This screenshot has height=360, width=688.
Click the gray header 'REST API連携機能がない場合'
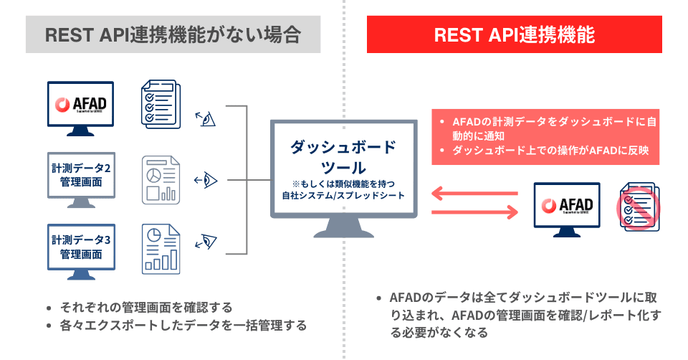tap(173, 35)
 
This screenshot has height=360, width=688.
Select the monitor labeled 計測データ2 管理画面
tap(81, 176)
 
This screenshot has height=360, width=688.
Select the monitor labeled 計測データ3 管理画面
tap(81, 246)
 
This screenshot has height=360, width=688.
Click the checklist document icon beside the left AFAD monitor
tap(160, 105)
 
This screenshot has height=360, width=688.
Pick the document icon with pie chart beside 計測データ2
tap(160, 179)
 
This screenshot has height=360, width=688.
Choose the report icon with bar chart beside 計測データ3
tap(160, 248)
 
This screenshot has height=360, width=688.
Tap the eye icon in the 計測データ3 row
tap(207, 240)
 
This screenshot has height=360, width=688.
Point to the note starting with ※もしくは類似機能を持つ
tap(342, 189)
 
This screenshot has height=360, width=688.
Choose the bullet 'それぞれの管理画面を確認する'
tap(145, 307)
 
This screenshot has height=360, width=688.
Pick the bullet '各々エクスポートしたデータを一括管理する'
tap(183, 326)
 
